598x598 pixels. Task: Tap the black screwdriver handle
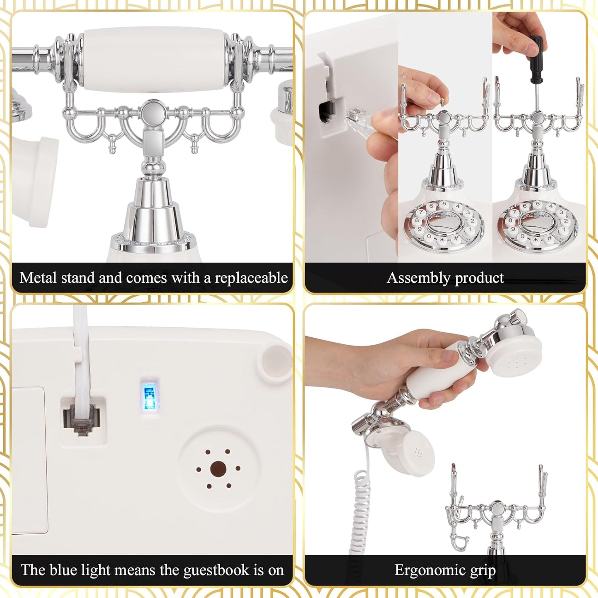(x=536, y=60)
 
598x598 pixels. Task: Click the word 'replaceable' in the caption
(x=251, y=278)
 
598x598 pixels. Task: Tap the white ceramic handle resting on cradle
(x=154, y=58)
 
